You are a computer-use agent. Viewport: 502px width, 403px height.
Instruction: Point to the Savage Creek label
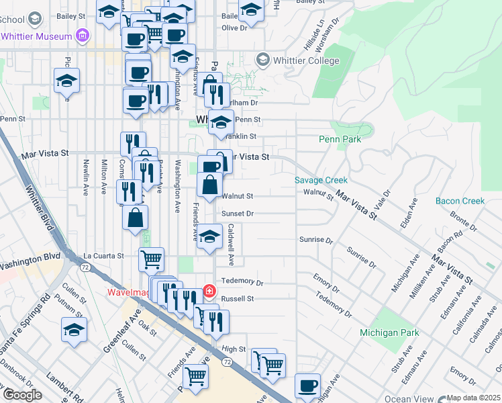click(x=321, y=180)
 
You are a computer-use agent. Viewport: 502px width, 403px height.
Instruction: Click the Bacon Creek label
click(x=460, y=201)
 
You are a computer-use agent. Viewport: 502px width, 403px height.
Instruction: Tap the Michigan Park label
click(x=389, y=332)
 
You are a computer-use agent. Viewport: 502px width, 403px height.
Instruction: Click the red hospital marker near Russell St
click(x=209, y=290)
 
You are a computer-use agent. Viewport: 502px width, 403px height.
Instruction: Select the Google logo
click(x=22, y=395)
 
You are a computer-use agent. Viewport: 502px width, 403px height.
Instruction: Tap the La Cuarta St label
click(x=103, y=256)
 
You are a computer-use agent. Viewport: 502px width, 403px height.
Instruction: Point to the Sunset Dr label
click(x=237, y=214)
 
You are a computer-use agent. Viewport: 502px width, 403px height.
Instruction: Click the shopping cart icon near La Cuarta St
click(x=151, y=259)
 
